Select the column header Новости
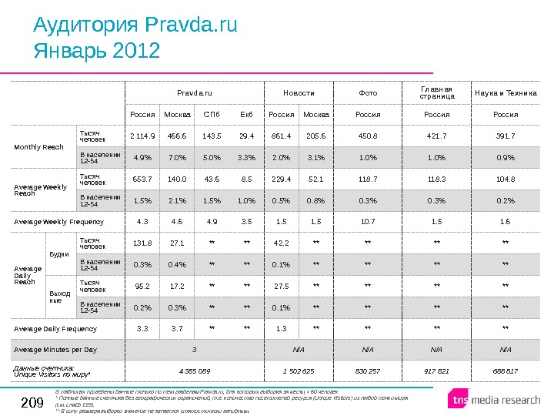coord(299,93)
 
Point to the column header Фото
coord(368,93)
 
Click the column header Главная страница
coord(436,92)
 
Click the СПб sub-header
coord(211,115)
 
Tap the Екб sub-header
coord(246,115)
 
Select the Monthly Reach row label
coord(39,147)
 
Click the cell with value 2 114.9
coord(142,136)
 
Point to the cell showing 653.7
coord(142,179)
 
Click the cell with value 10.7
coord(368,222)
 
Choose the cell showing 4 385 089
coord(194,371)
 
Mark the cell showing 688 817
coord(505,371)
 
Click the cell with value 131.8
coord(142,243)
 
